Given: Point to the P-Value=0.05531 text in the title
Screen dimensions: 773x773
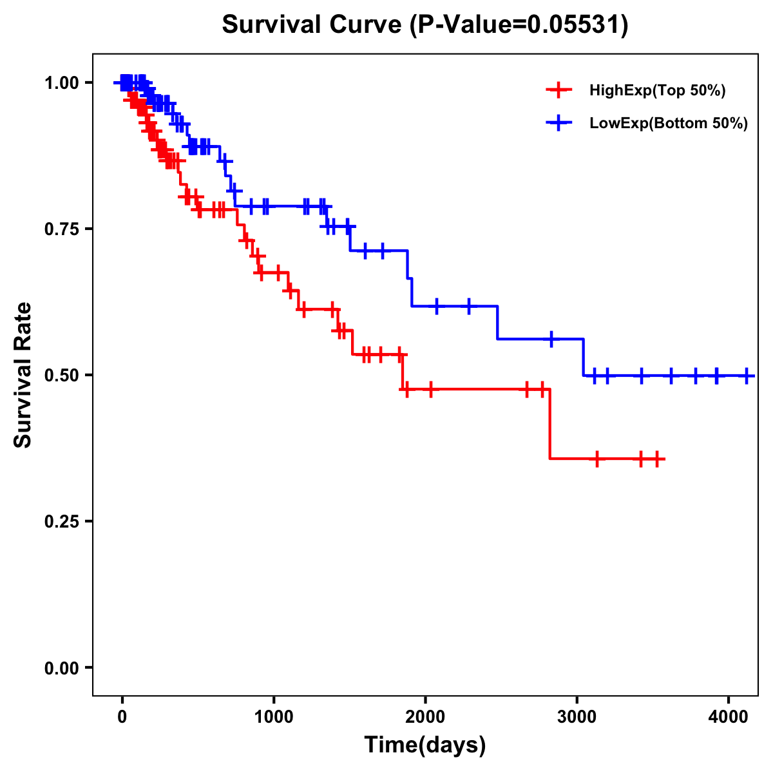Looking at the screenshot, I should [x=520, y=25].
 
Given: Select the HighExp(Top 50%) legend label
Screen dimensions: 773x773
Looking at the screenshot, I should [x=657, y=91].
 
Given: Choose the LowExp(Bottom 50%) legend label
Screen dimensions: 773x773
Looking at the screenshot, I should [x=669, y=124].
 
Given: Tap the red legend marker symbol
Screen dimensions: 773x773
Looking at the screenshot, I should [x=559, y=90].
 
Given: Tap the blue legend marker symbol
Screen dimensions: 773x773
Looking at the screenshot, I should [x=559, y=123].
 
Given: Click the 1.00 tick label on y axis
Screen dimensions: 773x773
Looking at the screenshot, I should [x=61, y=82].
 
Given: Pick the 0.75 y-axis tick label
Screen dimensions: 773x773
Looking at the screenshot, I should [x=61, y=229].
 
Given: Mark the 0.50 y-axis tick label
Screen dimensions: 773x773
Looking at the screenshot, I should [x=61, y=375].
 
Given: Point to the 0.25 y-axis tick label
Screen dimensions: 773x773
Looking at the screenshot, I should [x=61, y=521].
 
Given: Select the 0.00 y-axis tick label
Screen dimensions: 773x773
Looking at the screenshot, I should [x=61, y=668].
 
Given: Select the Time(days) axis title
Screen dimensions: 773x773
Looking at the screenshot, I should [x=425, y=745].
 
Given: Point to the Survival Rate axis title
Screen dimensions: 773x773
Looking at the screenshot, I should [x=23, y=375].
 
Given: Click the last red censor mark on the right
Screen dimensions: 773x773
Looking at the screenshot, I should [x=656, y=459].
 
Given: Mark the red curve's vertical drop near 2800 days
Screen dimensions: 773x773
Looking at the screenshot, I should [x=550, y=424].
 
